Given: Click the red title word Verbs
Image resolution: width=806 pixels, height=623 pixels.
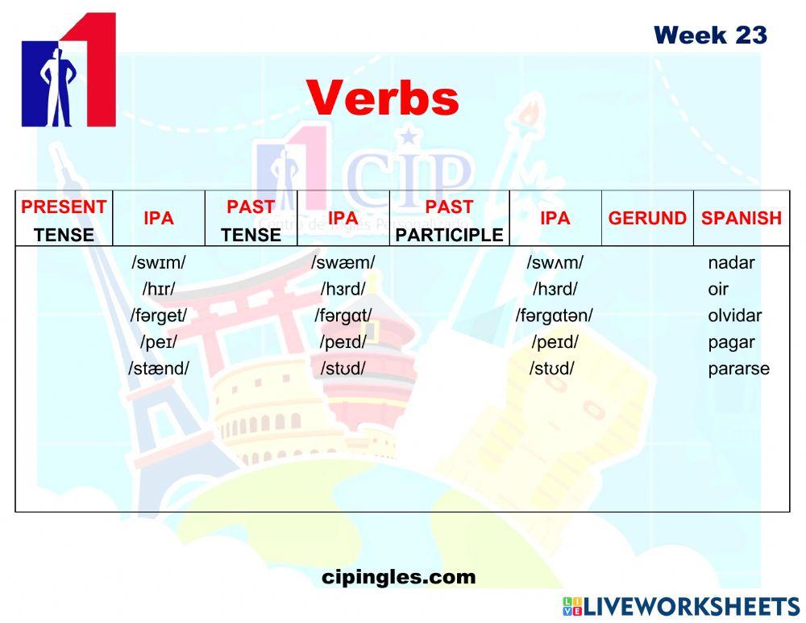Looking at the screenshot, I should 382,98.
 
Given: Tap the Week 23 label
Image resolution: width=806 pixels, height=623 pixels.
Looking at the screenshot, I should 710,36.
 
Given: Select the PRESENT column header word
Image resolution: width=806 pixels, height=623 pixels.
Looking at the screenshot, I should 64,207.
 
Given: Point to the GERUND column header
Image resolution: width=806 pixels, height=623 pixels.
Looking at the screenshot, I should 647,218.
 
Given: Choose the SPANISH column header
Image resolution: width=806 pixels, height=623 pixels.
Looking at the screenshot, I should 741,218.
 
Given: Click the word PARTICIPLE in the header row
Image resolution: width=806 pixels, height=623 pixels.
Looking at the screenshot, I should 449,235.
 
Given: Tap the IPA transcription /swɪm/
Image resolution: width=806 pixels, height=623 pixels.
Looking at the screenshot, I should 159,262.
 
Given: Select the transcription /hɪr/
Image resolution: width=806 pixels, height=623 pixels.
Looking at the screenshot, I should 159,289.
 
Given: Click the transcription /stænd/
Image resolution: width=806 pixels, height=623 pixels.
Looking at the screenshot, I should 159,369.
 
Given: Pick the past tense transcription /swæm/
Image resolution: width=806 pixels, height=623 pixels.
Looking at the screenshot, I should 343,262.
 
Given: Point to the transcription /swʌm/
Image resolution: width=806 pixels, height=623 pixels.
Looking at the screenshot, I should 555,262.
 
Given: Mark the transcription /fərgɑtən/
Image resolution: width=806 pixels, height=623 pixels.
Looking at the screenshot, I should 555,316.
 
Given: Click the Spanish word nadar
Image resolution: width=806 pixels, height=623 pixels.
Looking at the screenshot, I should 731,262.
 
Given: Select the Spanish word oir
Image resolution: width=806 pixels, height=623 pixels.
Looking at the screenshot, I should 718,289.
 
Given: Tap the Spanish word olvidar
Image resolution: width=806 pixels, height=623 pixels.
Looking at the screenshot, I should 734,316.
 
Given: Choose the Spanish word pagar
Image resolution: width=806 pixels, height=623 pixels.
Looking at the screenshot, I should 731,342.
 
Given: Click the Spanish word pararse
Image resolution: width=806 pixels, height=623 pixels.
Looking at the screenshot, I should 738,369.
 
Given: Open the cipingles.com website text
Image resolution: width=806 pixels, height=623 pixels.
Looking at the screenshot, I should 398,577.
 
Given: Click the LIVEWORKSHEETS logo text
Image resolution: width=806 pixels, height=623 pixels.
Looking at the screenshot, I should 691,607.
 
